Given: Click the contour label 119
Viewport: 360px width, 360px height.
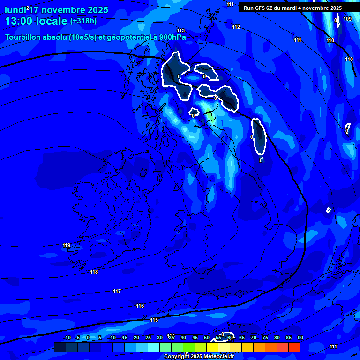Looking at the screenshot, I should tap(66, 245).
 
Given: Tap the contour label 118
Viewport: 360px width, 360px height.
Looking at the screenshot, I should tap(94, 272).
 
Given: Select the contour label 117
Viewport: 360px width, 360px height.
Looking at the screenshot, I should tap(117, 291).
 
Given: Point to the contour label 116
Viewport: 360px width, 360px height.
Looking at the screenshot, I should tap(140, 306).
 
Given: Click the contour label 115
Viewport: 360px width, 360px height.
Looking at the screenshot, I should tap(154, 320).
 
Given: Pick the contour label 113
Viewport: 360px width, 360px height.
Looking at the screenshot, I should tap(181, 30).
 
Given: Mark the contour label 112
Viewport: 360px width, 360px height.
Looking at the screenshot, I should tap(236, 27).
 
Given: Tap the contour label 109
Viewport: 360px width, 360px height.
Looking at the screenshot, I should tap(347, 19).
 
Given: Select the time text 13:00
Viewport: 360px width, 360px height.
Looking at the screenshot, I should tap(19, 21).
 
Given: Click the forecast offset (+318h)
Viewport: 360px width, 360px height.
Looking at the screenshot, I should tap(84, 21).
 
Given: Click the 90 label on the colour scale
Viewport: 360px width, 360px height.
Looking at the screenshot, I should tap(300, 337).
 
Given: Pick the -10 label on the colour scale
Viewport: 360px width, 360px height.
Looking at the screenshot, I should tap(67, 337).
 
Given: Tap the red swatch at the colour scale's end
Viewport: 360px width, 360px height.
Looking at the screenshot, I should tap(294, 347).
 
